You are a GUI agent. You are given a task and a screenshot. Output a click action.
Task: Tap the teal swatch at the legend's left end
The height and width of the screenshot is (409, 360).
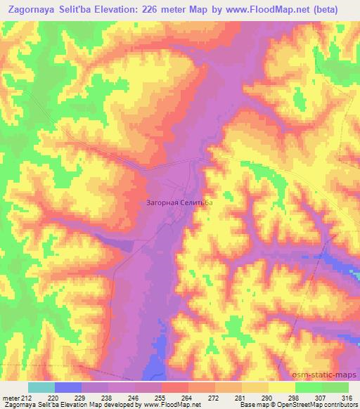click(41, 388)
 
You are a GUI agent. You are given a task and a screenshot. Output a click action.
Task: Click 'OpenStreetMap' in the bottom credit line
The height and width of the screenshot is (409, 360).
click(304, 404)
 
